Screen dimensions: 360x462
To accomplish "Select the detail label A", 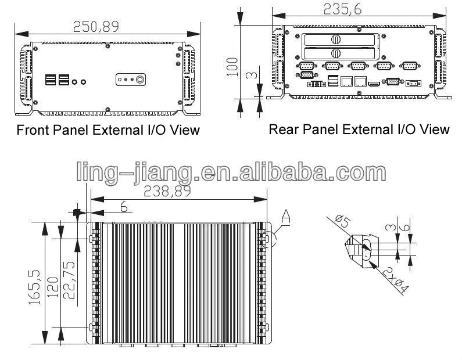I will (x=285, y=217).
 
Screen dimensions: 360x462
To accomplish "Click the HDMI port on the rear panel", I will (x=375, y=84).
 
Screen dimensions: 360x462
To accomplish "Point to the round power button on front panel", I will (x=140, y=79).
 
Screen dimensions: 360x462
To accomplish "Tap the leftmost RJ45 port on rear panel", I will (x=346, y=82).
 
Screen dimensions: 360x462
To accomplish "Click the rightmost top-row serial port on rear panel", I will (x=409, y=66).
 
